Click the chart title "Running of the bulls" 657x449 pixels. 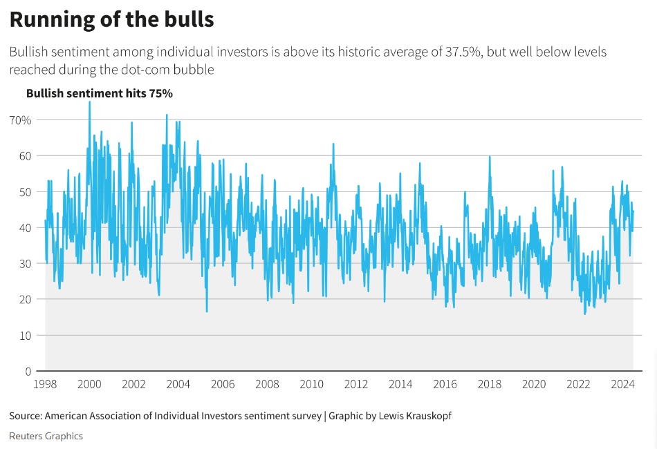111,19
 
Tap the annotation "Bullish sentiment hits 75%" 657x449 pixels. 99,93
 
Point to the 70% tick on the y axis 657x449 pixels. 19,120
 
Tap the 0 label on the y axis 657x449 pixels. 28,371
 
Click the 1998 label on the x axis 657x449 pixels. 45,384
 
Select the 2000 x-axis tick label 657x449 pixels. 89,384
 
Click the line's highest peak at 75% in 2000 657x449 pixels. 89,102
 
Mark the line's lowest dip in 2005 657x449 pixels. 207,312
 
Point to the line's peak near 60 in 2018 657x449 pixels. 490,157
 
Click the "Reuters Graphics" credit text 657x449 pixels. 46,436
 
